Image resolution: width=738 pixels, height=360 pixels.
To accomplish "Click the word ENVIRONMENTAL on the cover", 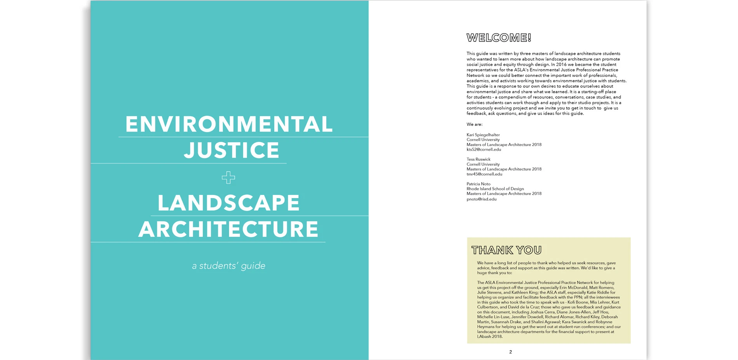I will point(229,124).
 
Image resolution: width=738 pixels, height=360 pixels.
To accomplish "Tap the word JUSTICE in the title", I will point(231,150).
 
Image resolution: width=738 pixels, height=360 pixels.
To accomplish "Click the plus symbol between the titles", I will point(228,177).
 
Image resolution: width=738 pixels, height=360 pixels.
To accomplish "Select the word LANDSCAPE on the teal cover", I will point(228,203).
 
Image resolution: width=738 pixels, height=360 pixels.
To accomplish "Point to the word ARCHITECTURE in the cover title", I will point(228,229).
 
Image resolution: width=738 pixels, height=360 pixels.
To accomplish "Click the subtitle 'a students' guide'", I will point(228,266).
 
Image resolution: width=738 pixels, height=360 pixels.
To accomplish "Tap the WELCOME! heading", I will point(499,38).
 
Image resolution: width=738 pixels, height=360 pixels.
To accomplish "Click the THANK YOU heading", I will point(507,250).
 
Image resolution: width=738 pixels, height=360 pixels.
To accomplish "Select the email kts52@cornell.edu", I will point(484,150).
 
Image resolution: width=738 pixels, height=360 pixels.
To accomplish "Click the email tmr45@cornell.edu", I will point(484,174).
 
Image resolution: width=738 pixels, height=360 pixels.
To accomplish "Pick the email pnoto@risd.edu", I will point(481,199).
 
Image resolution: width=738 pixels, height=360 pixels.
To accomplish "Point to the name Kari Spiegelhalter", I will point(483,135).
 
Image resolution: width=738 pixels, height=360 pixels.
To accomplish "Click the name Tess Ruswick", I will point(479,159).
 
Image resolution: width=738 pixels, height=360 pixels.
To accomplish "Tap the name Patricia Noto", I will point(479,184).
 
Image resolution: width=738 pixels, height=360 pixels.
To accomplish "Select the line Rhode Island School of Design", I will point(495,189).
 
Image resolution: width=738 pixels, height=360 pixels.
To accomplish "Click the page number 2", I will point(510,352).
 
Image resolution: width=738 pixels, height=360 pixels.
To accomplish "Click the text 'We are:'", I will point(474,124).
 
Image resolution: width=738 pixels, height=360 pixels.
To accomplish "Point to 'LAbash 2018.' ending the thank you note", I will point(490,337).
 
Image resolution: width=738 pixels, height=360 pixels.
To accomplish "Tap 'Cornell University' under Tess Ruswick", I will point(483,164).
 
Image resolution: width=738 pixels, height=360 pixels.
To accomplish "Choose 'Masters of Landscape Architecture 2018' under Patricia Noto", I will point(504,193).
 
